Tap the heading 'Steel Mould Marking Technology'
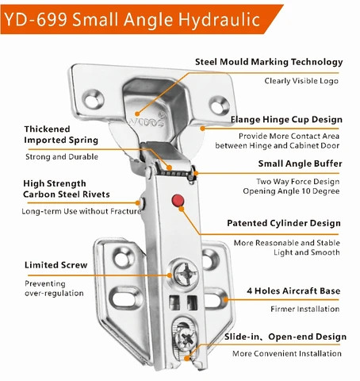tap(269, 62)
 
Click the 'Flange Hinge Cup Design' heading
tap(285, 120)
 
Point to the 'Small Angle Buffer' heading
tap(300, 164)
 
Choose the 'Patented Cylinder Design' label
tap(284, 224)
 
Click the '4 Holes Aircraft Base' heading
tap(293, 291)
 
